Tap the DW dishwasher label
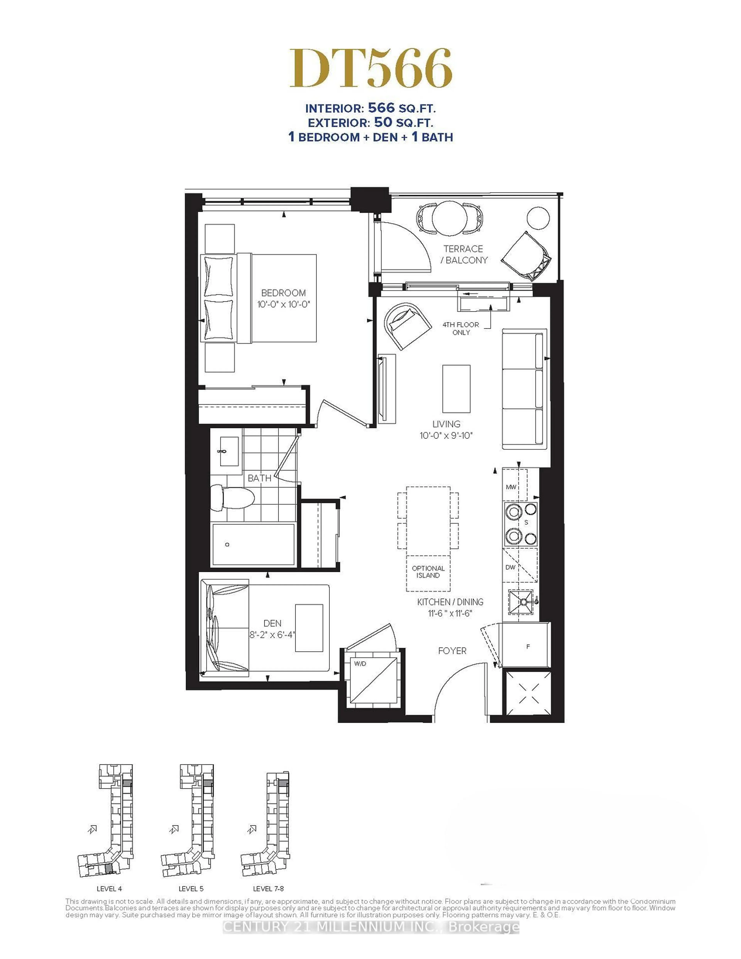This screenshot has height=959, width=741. tap(510, 567)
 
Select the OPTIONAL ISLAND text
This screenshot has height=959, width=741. tap(428, 572)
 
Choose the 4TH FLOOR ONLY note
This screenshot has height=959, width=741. tap(461, 328)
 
